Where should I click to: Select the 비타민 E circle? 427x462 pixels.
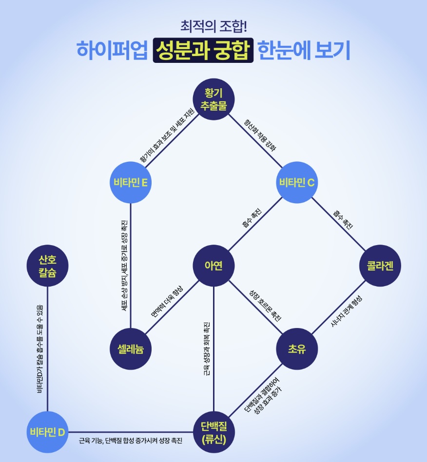(x=131, y=183)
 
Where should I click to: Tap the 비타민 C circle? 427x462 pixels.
(x=297, y=183)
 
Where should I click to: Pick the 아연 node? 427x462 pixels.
(x=213, y=266)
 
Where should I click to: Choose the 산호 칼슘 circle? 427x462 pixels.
(x=47, y=266)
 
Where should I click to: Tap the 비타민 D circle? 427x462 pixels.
(x=47, y=432)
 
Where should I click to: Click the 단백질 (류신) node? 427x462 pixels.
(x=213, y=432)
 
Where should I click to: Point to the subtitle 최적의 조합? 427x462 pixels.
(x=213, y=25)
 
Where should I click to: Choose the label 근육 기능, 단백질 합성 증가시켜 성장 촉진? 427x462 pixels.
(x=131, y=441)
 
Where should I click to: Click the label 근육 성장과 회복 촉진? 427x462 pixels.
(x=207, y=349)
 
